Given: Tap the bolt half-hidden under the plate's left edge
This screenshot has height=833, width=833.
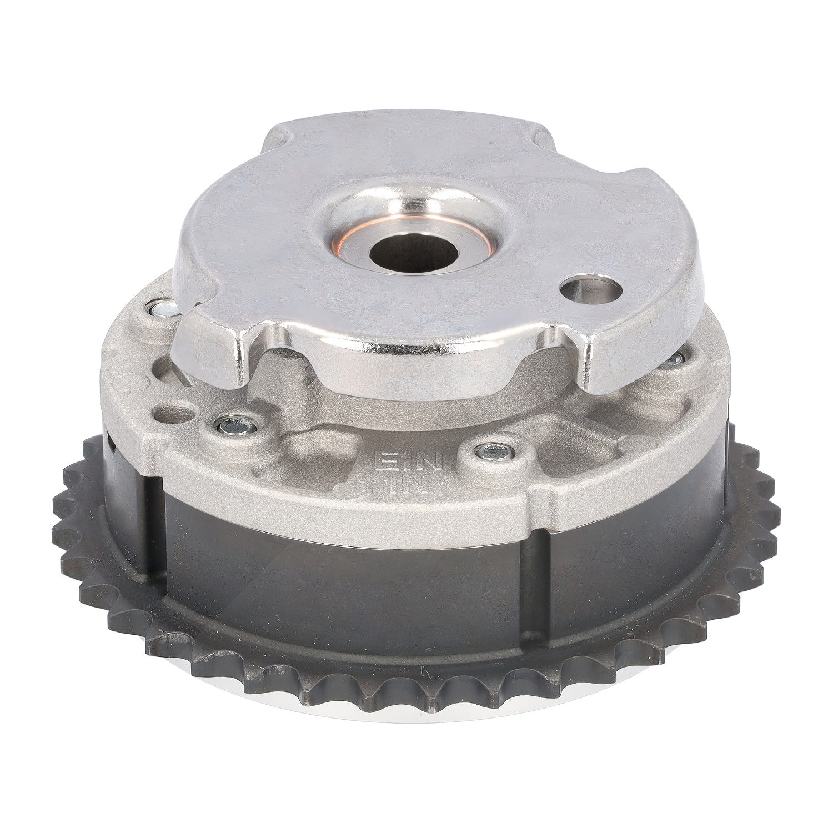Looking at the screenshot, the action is click(162, 307).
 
